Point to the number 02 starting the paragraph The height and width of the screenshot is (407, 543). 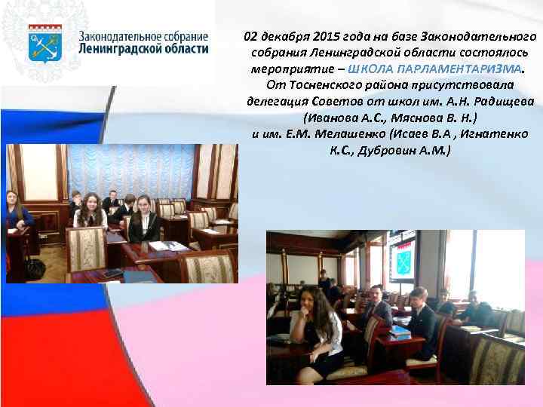coord(251,36)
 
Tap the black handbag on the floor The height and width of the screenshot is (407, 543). coord(34,267)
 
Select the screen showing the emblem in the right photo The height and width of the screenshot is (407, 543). coord(402,256)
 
